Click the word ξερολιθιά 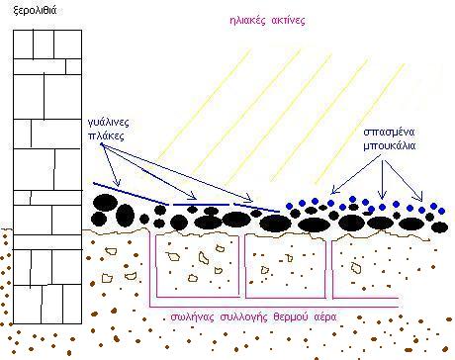(x=35, y=10)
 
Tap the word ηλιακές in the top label (x=247, y=21)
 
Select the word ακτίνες (x=289, y=21)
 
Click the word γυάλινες (x=109, y=123)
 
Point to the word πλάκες (x=107, y=135)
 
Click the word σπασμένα (x=389, y=133)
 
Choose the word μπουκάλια (x=390, y=145)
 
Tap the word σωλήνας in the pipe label (x=190, y=317)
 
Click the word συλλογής (x=242, y=317)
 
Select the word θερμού (x=291, y=317)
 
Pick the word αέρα (x=325, y=317)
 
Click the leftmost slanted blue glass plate (x=131, y=193)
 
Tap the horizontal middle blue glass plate (x=201, y=205)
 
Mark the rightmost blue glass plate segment (x=257, y=208)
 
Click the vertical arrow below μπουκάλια (x=383, y=180)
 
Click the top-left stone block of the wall (x=23, y=45)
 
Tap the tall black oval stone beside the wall (x=125, y=216)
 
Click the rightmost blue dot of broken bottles (x=442, y=211)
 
